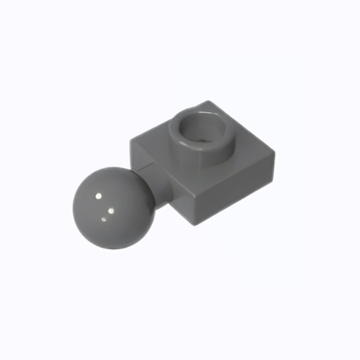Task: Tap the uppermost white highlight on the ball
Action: (99, 196)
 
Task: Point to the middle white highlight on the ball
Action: (111, 210)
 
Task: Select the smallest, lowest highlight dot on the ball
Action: (104, 220)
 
